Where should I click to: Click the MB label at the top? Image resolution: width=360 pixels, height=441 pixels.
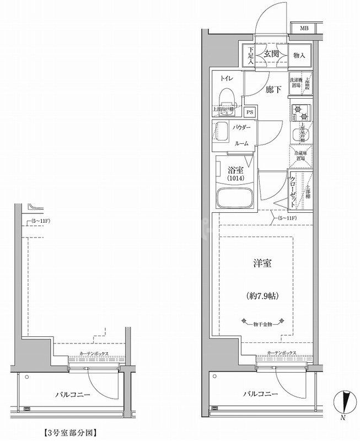tap(304, 28)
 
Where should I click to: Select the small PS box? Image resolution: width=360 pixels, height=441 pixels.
tap(250, 112)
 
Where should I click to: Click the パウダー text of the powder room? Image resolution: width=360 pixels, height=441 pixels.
tap(241, 128)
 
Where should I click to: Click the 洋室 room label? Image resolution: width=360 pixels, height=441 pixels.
tap(261, 264)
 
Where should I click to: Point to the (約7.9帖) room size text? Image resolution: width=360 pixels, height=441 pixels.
tap(261, 296)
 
